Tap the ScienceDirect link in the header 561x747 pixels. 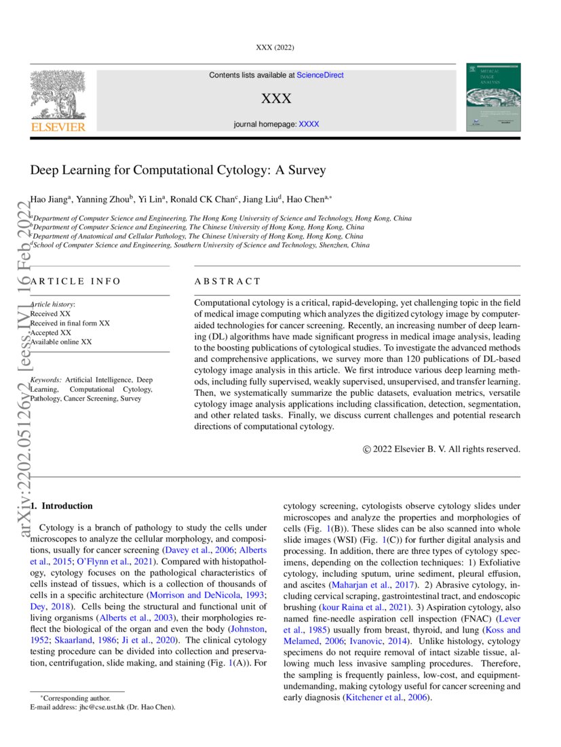click(320, 75)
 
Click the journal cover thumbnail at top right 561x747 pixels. click(493, 98)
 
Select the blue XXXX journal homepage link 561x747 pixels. click(309, 124)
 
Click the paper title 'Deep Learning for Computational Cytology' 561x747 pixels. click(178, 170)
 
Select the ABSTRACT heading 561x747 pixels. click(227, 281)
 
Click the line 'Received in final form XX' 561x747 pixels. click(70, 323)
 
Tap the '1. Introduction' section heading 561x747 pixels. click(64, 506)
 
